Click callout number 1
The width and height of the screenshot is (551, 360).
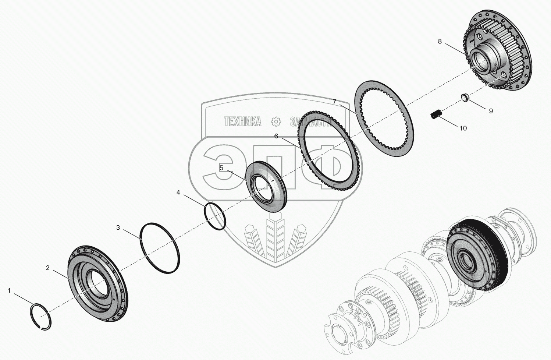click(x=9, y=291)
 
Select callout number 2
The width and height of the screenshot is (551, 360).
click(x=47, y=268)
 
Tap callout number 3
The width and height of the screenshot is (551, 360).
click(x=118, y=228)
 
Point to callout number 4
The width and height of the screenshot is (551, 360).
click(x=178, y=193)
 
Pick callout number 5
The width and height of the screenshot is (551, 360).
click(x=221, y=168)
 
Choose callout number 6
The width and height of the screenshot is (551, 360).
click(x=276, y=136)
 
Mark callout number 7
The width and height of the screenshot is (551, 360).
click(x=334, y=102)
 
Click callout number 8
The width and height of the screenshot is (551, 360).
click(x=440, y=41)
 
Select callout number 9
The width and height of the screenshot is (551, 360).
click(x=490, y=111)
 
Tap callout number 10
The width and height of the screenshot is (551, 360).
click(x=463, y=128)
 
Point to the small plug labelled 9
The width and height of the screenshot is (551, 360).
click(x=465, y=98)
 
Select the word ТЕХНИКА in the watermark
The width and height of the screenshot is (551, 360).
click(x=243, y=121)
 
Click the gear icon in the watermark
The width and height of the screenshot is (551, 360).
click(x=275, y=121)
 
